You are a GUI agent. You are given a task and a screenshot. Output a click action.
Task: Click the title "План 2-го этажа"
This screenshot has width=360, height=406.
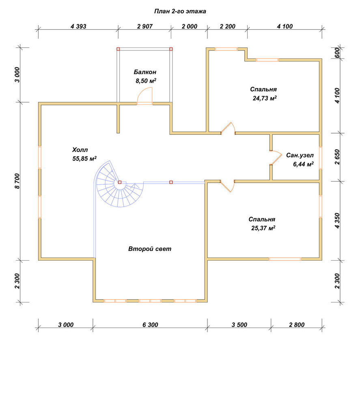point(180,11)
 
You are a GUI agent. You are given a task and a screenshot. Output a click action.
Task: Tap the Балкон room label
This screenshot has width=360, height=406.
point(145,72)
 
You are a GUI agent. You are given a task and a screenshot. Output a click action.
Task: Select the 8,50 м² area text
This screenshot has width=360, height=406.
point(146,81)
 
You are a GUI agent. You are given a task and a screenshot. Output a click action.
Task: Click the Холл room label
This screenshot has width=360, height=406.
point(80,150)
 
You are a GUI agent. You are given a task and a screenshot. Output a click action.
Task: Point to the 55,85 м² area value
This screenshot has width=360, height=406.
point(84,158)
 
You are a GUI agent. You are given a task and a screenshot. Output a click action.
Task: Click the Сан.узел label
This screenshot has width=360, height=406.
point(300,155)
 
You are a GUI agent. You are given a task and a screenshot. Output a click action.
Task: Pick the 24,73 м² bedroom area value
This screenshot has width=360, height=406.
point(265,98)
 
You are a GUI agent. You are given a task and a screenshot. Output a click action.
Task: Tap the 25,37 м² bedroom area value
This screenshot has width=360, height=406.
point(263,228)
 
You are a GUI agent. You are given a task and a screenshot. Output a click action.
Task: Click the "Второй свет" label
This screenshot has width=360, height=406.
point(150,249)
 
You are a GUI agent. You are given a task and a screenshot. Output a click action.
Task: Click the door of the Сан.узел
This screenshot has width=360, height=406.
point(276,158)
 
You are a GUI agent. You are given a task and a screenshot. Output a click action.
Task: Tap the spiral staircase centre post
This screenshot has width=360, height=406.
point(120,182)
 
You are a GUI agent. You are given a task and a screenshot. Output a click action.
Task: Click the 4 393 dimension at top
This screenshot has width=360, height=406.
point(78,26)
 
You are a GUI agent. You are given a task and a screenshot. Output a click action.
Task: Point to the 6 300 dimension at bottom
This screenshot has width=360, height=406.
point(150,325)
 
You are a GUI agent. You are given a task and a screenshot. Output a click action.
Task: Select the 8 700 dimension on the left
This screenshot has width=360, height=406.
point(17,181)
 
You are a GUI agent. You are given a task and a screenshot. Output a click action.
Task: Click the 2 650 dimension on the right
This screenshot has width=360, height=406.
point(337,157)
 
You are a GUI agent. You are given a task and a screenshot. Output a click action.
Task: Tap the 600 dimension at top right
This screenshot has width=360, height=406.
point(337,53)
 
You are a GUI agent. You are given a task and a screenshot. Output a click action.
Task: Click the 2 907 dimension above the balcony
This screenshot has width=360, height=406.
point(145,26)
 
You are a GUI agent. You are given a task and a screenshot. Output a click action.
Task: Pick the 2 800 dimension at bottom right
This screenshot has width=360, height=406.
point(297,325)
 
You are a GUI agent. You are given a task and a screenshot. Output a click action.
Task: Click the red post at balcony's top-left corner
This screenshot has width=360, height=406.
point(118,49)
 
